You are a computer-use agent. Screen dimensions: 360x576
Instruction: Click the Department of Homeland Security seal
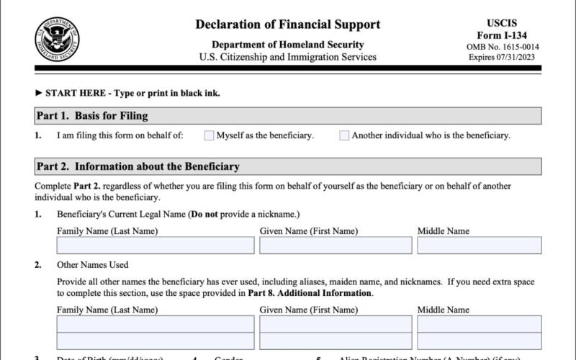58,40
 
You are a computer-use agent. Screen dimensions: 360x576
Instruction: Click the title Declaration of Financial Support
288,24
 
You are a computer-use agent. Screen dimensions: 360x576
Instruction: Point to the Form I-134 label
503,36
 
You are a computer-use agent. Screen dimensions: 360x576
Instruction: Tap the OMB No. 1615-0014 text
503,47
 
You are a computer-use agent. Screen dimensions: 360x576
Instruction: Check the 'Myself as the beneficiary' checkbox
210,135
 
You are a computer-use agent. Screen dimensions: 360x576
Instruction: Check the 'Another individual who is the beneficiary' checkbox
344,135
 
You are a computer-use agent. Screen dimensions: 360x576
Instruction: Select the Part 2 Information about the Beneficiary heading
138,167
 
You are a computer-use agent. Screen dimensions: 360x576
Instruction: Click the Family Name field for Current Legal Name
156,246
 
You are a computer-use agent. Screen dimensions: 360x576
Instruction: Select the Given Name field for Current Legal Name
336,246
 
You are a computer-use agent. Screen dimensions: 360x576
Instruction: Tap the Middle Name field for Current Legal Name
479,246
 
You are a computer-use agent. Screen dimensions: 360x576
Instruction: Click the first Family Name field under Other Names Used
156,324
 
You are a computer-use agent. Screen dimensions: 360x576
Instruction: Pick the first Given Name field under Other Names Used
336,324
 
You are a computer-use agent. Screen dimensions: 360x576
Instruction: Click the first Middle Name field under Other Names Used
479,324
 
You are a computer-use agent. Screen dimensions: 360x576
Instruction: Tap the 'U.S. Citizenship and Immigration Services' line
288,57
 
